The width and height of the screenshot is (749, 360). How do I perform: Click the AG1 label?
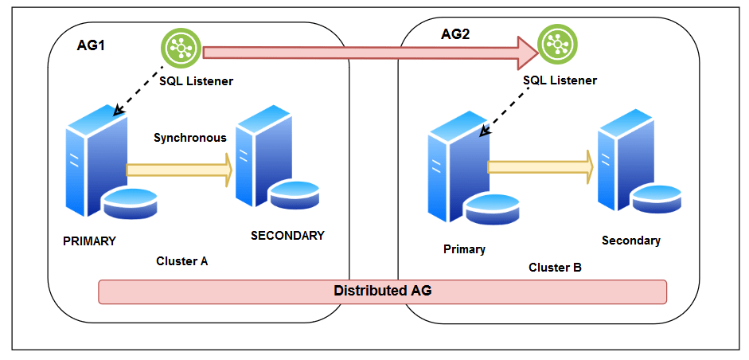(92, 45)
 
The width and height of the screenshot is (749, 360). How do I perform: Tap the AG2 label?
(456, 34)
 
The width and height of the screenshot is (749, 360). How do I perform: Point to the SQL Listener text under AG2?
(560, 80)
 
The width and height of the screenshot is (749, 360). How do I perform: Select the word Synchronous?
(190, 138)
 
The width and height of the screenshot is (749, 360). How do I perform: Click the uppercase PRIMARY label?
(89, 241)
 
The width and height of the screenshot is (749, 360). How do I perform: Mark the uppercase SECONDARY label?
(287, 236)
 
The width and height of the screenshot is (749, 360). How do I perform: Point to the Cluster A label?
(182, 261)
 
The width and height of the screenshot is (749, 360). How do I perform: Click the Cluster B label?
(555, 268)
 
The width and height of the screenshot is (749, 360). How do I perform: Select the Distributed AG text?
(382, 291)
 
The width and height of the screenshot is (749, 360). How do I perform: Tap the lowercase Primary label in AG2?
(464, 249)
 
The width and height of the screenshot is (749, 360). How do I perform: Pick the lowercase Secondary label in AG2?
(631, 241)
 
